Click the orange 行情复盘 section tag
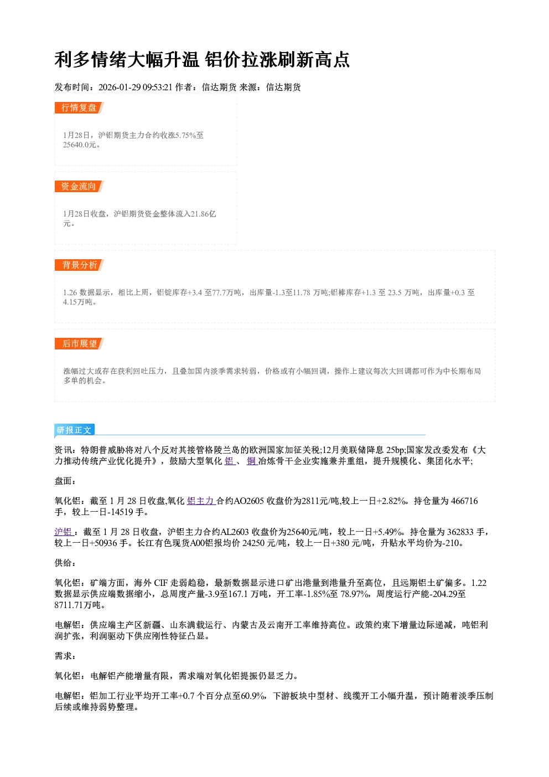79,107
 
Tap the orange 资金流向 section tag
79,186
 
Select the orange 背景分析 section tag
79,265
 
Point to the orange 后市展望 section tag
79,344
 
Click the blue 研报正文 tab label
74,430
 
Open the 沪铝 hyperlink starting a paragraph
63,532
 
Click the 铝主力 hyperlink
201,501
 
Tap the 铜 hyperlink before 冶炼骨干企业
252,461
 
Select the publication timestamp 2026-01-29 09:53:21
136,87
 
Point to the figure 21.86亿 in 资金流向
204,214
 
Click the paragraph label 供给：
65,563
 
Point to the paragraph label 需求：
65,656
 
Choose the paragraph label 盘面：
65,481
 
